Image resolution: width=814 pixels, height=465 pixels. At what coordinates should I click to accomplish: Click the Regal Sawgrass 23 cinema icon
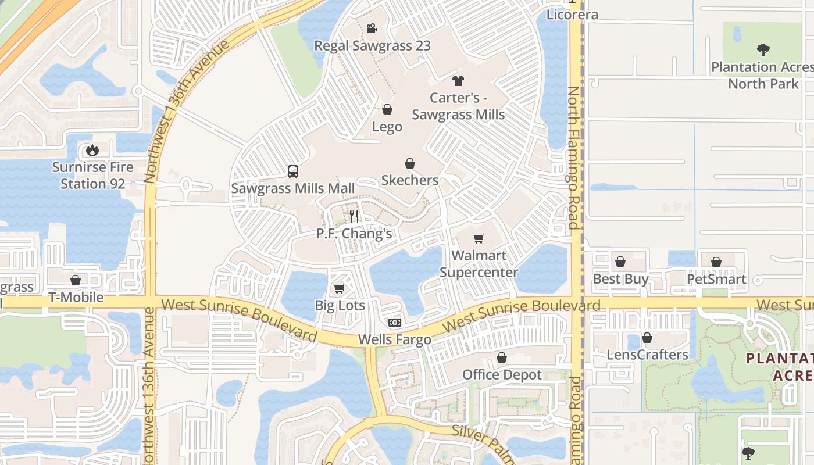(372, 28)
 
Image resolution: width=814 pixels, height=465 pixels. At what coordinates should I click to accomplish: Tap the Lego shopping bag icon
(387, 109)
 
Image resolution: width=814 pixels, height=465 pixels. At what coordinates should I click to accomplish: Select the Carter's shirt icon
(458, 81)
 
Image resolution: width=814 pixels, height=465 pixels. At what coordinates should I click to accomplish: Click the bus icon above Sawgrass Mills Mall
(293, 171)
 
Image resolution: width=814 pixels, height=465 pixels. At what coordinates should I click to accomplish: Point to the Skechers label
(410, 180)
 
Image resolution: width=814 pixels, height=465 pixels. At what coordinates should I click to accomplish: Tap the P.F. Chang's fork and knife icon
(354, 216)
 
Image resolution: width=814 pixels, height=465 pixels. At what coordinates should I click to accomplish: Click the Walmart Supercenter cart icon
(479, 238)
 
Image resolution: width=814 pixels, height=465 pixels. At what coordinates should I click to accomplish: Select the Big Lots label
(340, 305)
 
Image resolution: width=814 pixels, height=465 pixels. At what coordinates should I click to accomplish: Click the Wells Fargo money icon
(395, 323)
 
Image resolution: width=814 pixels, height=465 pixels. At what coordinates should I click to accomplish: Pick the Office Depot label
(502, 375)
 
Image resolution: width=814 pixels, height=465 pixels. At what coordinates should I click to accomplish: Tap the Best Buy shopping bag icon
(620, 262)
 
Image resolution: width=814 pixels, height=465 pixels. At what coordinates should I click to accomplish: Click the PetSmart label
(716, 279)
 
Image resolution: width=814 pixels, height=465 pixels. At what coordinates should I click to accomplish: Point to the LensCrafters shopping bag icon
(647, 338)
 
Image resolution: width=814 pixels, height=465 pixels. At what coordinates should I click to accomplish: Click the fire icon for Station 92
(92, 151)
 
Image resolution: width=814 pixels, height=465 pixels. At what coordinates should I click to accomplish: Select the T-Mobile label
(76, 298)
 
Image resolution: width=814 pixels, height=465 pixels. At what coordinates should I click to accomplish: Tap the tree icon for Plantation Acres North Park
(763, 50)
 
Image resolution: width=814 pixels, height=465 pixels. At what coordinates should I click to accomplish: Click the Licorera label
(573, 15)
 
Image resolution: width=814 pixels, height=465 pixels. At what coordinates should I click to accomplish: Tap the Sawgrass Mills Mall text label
(292, 188)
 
